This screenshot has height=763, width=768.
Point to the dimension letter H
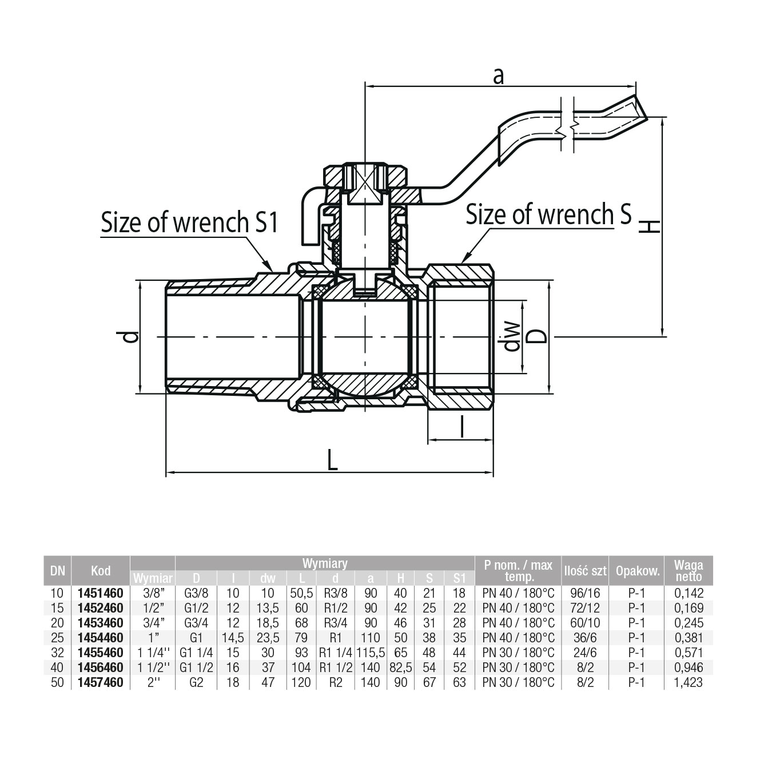[649, 227]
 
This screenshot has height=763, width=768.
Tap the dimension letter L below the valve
[332, 460]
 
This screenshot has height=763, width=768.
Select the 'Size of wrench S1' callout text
[189, 222]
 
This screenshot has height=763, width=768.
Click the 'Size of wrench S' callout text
[548, 215]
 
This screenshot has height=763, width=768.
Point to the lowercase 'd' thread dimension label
[131, 337]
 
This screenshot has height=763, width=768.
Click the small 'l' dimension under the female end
[461, 427]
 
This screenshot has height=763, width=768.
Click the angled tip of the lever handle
[639, 108]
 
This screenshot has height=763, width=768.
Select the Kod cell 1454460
[100, 638]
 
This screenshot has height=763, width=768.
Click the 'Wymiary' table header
[325, 563]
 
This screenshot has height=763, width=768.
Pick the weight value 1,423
[688, 682]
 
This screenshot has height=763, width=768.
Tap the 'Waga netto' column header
[688, 570]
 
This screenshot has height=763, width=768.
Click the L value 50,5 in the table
[301, 593]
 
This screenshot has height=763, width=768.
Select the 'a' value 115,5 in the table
[371, 653]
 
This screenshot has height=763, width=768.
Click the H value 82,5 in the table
[400, 667]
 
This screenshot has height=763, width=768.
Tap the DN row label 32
[57, 653]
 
